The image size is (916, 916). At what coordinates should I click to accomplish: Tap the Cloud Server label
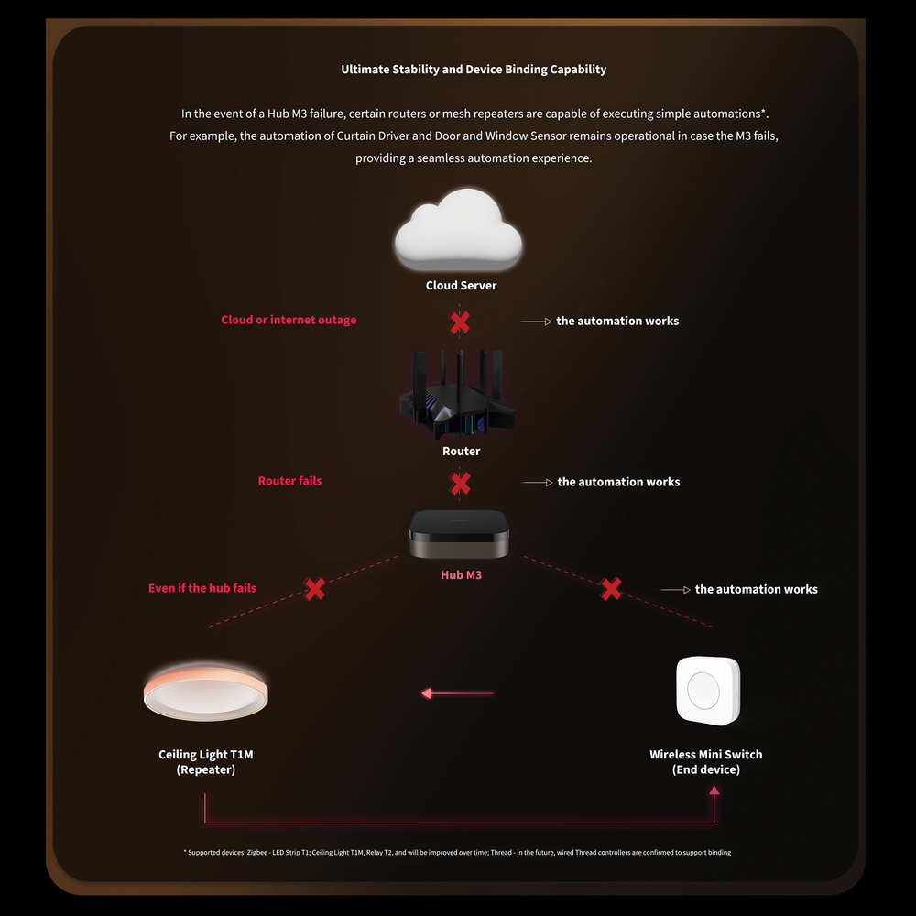(x=461, y=286)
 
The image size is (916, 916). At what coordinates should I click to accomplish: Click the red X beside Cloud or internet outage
(x=460, y=322)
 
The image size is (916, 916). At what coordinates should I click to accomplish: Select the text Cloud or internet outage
(x=289, y=321)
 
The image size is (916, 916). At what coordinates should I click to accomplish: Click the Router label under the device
(x=461, y=452)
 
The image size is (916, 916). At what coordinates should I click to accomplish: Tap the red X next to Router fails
(x=460, y=483)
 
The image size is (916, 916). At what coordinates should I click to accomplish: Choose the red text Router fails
(x=289, y=481)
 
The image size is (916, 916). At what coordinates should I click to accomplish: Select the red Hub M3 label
(x=461, y=575)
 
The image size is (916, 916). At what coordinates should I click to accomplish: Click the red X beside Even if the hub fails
(x=315, y=589)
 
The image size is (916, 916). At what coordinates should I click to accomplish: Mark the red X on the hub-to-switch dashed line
(x=611, y=589)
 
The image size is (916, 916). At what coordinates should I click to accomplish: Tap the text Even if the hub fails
(x=202, y=588)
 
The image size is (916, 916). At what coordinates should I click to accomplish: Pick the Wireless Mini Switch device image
(x=707, y=690)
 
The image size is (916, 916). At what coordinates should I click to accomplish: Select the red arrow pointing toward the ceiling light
(x=457, y=693)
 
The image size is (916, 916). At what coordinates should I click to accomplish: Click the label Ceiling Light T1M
(x=206, y=755)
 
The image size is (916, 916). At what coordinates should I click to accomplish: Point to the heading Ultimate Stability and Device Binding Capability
(x=474, y=70)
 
